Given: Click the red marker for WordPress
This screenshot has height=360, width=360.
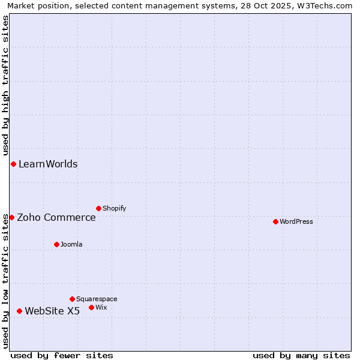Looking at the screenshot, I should pyautogui.click(x=275, y=221).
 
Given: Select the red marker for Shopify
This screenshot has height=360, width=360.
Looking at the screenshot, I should pyautogui.click(x=98, y=208).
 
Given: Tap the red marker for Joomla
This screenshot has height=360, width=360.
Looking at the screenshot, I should pyautogui.click(x=56, y=244).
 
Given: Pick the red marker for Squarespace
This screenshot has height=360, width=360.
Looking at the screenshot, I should pyautogui.click(x=72, y=299).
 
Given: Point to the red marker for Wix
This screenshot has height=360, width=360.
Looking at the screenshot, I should pyautogui.click(x=91, y=307).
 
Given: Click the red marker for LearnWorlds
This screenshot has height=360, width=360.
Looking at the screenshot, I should pyautogui.click(x=13, y=164).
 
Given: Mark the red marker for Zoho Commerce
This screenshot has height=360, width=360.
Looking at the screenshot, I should pyautogui.click(x=11, y=217).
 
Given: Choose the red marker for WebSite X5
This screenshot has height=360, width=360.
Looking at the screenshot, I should pyautogui.click(x=19, y=311).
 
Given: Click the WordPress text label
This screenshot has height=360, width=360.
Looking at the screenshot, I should pyautogui.click(x=296, y=221).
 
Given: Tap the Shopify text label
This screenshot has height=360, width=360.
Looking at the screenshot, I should pyautogui.click(x=114, y=208).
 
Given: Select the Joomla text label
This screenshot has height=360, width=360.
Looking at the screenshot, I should pyautogui.click(x=71, y=244).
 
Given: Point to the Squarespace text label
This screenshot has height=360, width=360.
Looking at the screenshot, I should pyautogui.click(x=97, y=299).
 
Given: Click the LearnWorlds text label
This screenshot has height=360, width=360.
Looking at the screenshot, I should pyautogui.click(x=48, y=164).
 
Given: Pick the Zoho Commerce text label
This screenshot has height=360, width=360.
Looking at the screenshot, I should pyautogui.click(x=56, y=217).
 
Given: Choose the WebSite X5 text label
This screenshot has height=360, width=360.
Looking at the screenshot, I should pyautogui.click(x=52, y=311).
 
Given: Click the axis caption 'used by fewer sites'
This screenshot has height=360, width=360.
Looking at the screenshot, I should pyautogui.click(x=62, y=355).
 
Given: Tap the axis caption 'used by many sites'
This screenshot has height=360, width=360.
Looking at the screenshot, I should pyautogui.click(x=301, y=355).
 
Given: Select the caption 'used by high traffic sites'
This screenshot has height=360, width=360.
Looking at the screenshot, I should pyautogui.click(x=5, y=85).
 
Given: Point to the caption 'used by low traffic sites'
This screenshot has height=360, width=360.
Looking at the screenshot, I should pyautogui.click(x=5, y=280).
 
